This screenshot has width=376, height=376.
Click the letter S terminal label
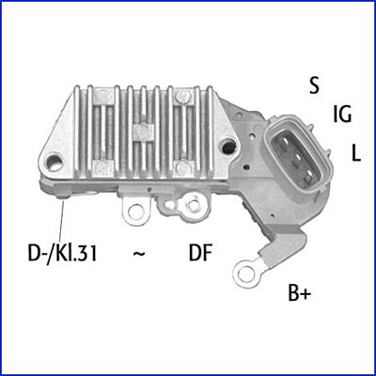pyautogui.click(x=314, y=85)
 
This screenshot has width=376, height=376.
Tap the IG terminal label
pyautogui.click(x=342, y=116)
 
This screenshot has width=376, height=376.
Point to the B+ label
pyautogui.click(x=298, y=293)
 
